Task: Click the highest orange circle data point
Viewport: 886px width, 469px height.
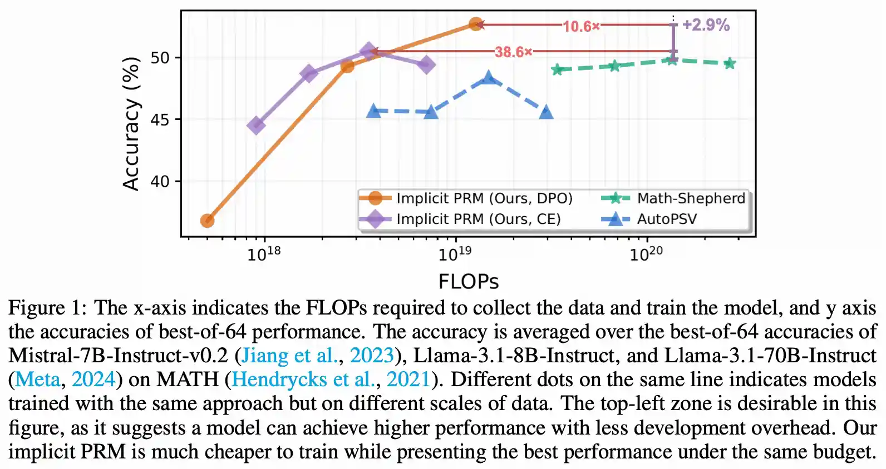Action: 475,24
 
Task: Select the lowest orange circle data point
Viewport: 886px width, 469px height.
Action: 207,221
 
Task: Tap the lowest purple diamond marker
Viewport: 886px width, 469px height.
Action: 256,126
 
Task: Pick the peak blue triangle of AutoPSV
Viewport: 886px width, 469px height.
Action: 489,78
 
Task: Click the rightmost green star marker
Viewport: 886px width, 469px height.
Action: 730,64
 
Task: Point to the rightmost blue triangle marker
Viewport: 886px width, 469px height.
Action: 546,113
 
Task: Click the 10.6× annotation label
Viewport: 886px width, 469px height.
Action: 581,26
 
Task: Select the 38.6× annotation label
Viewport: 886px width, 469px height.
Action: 513,52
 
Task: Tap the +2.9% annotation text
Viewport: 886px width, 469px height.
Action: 705,25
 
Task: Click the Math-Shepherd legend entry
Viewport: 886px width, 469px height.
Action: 690,198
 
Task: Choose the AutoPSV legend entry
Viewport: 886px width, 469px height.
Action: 666,219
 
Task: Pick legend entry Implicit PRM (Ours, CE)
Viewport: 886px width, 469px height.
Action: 478,219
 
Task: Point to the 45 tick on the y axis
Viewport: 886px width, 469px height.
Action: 160,119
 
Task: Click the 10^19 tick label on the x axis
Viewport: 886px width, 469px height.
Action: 455,255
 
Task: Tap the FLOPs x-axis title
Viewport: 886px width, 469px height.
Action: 468,281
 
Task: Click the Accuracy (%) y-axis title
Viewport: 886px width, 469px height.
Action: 131,123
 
